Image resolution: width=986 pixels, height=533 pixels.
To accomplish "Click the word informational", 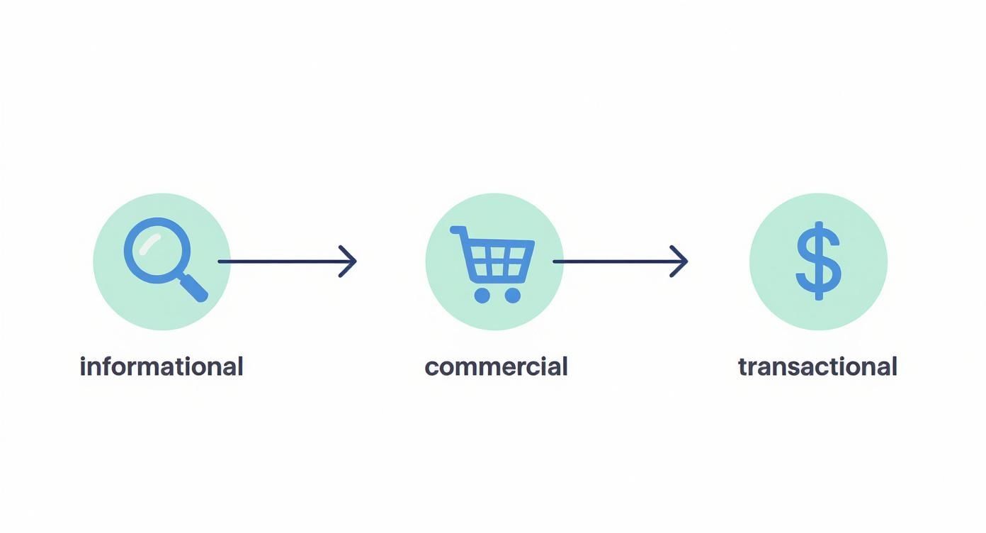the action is [x=161, y=366].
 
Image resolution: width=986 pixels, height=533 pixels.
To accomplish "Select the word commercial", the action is [x=496, y=366].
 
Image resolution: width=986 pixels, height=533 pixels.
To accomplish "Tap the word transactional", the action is [x=818, y=366].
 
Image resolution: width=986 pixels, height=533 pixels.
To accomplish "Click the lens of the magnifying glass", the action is [x=157, y=250].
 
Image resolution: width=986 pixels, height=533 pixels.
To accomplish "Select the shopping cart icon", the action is [x=493, y=264].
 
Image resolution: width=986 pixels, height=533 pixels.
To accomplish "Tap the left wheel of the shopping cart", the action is [x=482, y=296].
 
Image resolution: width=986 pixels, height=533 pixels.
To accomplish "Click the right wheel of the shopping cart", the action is [x=512, y=296].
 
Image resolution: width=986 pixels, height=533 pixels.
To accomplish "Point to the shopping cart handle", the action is [x=458, y=230].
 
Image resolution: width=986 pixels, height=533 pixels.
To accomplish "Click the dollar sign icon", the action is [x=819, y=261].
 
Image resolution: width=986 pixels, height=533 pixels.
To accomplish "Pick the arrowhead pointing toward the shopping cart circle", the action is [x=348, y=262].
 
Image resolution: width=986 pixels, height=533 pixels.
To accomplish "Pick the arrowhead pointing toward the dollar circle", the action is [x=679, y=262].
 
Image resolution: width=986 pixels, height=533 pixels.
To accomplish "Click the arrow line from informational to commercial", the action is [x=288, y=262].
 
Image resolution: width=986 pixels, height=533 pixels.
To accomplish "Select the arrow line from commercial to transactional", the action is [x=620, y=262].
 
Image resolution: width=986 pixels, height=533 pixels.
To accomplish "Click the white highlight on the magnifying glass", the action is [x=149, y=244].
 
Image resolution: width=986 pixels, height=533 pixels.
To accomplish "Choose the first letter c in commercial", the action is [x=433, y=369].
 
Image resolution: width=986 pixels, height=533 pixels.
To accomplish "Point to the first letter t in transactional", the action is [x=743, y=367].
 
